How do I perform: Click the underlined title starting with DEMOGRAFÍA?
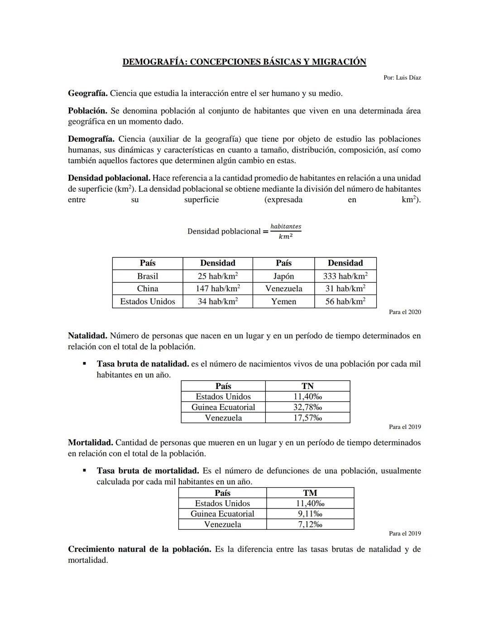click(x=244, y=62)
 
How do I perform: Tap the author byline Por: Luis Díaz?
click(x=402, y=78)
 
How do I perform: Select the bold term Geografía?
click(x=87, y=94)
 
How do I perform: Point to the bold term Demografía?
click(x=91, y=139)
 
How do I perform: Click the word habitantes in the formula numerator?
click(x=286, y=226)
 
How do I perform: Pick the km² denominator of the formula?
click(x=285, y=237)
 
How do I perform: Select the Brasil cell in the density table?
click(x=148, y=276)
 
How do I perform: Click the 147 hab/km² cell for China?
click(x=218, y=289)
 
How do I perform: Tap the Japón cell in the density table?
click(x=283, y=276)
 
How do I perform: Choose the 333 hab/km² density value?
click(x=345, y=276)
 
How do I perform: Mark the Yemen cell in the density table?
click(x=283, y=302)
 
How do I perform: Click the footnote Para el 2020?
click(x=405, y=312)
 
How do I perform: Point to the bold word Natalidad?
click(x=87, y=336)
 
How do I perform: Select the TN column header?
click(x=307, y=386)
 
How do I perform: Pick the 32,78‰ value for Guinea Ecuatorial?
click(x=307, y=407)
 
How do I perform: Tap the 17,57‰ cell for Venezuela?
click(x=307, y=418)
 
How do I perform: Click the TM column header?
click(x=310, y=493)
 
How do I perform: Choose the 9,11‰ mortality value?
click(x=310, y=514)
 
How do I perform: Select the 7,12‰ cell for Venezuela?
click(x=310, y=525)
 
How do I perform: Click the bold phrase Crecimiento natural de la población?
click(x=139, y=550)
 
